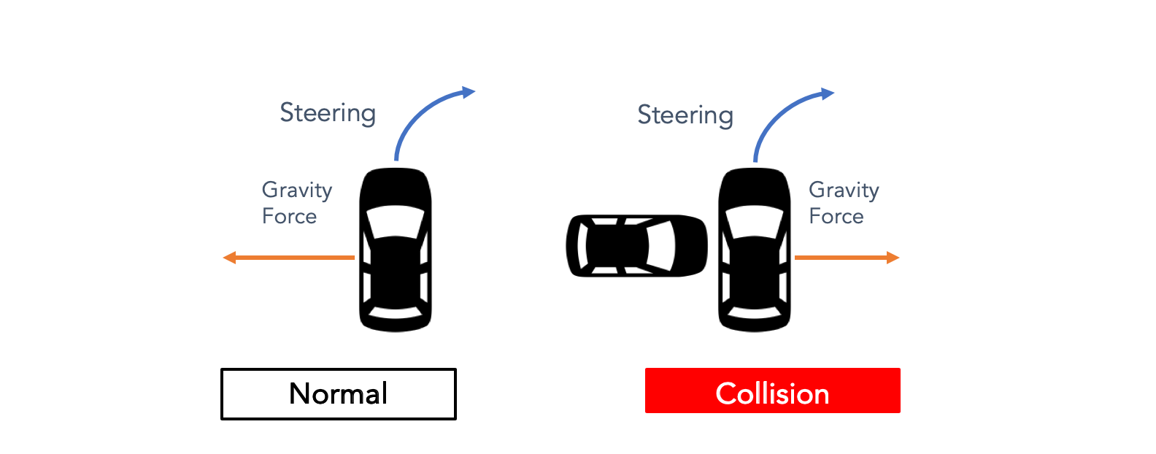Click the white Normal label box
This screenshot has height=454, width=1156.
338,394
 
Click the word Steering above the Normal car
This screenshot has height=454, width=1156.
328,113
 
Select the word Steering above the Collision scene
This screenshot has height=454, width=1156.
685,115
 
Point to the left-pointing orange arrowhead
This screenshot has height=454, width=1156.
229,258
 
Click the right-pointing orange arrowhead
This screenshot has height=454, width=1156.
893,258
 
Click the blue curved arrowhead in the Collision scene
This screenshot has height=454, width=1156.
827,93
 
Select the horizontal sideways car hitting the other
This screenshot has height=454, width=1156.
636,245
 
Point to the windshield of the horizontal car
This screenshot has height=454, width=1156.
660,245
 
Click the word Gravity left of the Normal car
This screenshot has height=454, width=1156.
297,191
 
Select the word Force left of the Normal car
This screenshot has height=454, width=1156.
289,217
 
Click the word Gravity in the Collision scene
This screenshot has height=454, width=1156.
844,191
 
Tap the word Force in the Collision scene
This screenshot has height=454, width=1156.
836,217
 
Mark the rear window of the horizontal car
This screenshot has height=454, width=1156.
582,245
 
